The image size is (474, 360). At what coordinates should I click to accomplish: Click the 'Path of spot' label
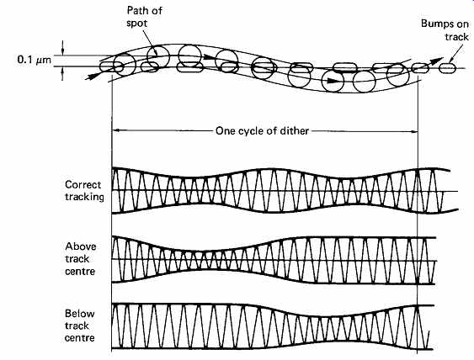(144, 17)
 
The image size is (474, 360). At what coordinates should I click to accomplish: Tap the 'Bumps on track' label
(445, 30)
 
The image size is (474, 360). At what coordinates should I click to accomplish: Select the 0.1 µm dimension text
(35, 60)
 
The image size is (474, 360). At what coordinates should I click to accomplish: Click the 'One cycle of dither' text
(262, 130)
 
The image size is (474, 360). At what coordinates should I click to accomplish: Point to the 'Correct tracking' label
(84, 191)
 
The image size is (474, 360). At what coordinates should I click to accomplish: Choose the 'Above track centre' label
(81, 259)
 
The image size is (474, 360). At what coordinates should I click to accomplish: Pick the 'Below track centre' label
(79, 326)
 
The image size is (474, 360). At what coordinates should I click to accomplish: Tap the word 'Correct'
(83, 184)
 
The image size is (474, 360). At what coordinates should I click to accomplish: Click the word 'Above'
(81, 246)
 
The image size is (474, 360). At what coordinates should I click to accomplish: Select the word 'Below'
(79, 314)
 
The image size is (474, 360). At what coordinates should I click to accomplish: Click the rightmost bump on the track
(447, 68)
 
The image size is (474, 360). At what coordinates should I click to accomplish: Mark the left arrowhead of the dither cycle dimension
(117, 130)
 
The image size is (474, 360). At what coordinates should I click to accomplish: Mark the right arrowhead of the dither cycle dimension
(413, 131)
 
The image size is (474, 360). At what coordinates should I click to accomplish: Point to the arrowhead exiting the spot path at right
(436, 61)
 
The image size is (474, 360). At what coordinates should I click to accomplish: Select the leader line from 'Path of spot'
(149, 42)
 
